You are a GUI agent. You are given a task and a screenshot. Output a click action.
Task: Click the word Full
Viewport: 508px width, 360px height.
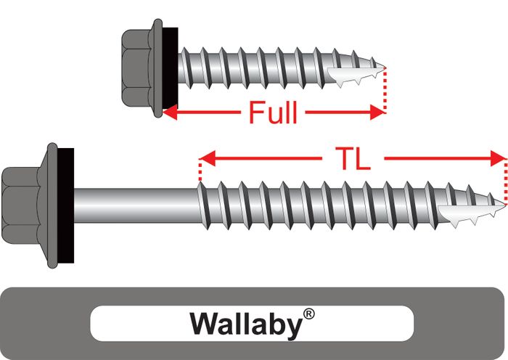pyautogui.click(x=273, y=112)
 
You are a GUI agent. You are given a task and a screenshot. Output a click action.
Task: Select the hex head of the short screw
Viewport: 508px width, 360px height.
pyautogui.click(x=138, y=71)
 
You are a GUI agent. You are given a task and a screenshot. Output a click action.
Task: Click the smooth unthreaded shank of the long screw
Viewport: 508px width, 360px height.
pyautogui.click(x=134, y=197)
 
